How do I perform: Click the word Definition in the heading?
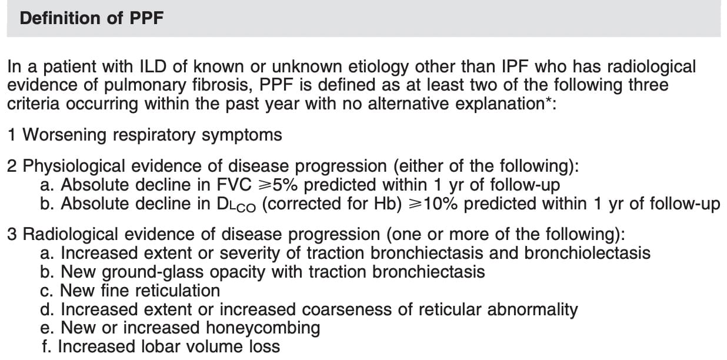click(x=60, y=18)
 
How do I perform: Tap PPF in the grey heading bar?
click(x=146, y=18)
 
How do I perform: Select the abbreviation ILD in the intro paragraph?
click(x=153, y=66)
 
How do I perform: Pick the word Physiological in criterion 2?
click(x=74, y=167)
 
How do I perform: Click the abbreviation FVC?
click(x=234, y=185)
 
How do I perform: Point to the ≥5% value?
click(x=278, y=185)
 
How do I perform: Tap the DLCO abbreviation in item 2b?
click(x=236, y=205)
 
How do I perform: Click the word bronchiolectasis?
click(x=588, y=253)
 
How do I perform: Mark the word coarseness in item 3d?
click(x=346, y=309)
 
